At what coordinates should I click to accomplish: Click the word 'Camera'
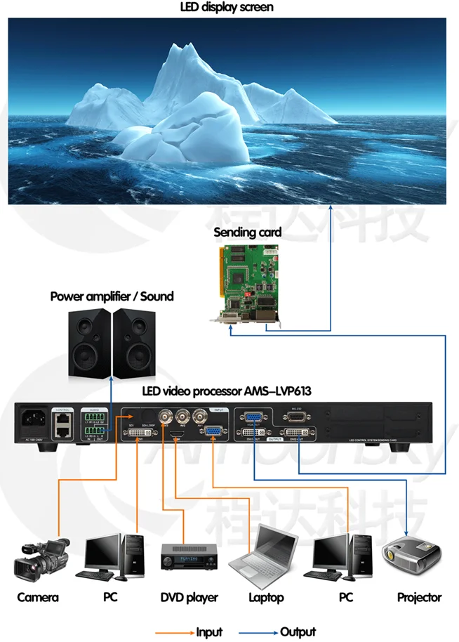click(x=38, y=598)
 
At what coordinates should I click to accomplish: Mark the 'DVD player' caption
click(x=189, y=598)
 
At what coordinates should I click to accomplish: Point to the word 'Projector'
click(x=419, y=598)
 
